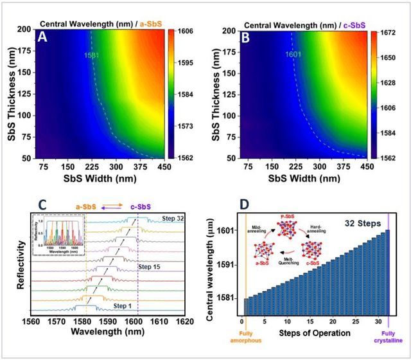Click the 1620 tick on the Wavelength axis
pyautogui.click(x=185, y=325)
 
